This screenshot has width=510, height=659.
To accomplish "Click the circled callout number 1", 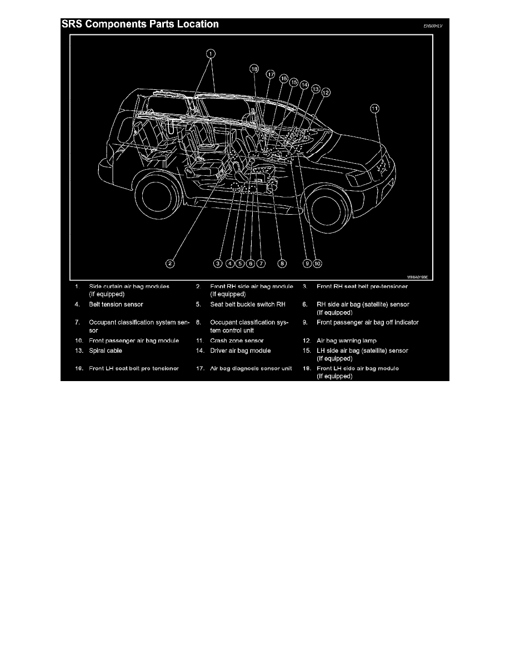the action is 211,54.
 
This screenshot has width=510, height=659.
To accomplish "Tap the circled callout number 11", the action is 375,109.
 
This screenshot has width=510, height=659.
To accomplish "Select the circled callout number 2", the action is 171,263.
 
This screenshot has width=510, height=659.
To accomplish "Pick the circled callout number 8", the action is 282,263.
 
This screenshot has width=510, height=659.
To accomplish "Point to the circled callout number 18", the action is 254,69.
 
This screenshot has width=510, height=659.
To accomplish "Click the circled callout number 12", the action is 326,93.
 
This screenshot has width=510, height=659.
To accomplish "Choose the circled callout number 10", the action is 317,263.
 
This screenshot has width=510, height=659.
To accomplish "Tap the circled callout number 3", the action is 219,263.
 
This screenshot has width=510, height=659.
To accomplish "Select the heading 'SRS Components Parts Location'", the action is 141,24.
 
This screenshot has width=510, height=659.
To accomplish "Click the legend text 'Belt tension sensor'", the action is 116,305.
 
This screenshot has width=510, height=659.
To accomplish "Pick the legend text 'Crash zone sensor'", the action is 237,340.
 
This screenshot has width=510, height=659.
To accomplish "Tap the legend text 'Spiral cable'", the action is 105,351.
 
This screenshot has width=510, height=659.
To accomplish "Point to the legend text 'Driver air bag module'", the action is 240,351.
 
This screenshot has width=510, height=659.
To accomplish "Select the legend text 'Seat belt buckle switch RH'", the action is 247,305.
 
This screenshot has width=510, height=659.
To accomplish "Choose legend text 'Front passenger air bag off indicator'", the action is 368,322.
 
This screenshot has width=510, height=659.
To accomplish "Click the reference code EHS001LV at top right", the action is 436,26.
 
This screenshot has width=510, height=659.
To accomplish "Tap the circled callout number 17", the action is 271,74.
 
